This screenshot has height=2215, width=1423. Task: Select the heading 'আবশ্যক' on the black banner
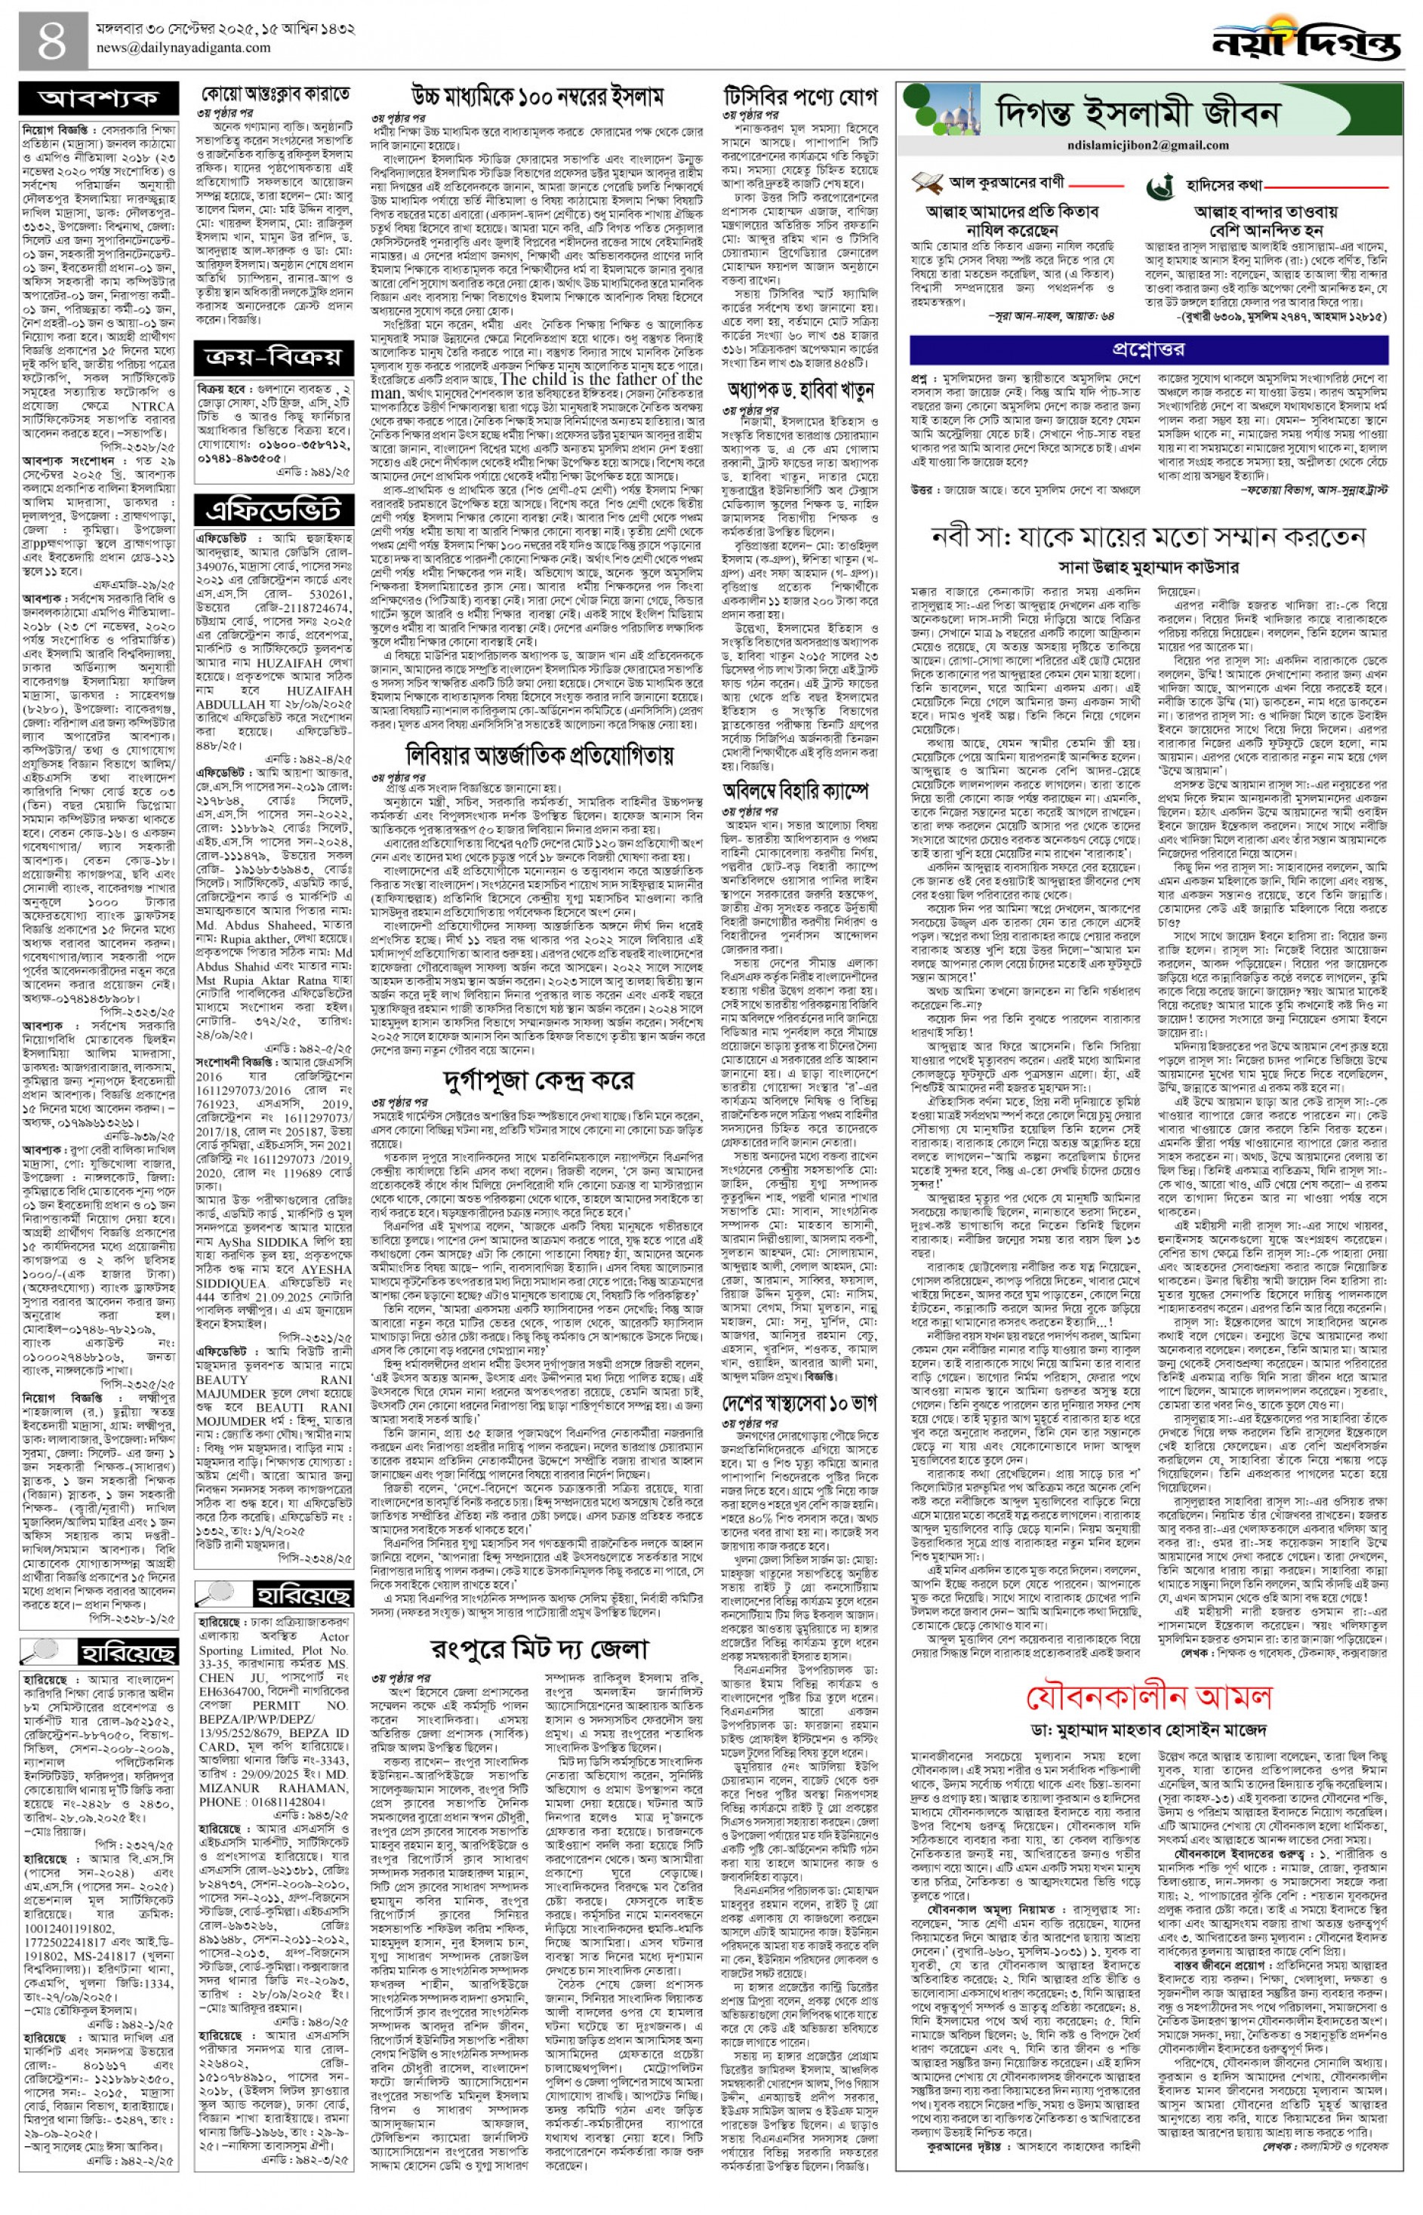98,99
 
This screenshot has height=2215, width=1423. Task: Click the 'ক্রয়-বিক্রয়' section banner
273,356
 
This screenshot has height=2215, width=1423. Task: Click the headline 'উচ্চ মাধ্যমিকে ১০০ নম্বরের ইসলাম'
537,95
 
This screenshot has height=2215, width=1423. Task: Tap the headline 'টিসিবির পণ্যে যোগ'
800,95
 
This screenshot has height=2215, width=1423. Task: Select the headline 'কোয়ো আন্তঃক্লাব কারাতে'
276,94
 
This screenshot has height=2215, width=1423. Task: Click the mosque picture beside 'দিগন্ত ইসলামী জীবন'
943,115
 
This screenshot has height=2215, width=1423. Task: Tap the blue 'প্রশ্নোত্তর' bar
1147,349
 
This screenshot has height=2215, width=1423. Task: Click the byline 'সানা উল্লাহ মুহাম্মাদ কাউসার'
1148,566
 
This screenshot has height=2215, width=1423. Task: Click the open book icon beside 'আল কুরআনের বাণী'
927,183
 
